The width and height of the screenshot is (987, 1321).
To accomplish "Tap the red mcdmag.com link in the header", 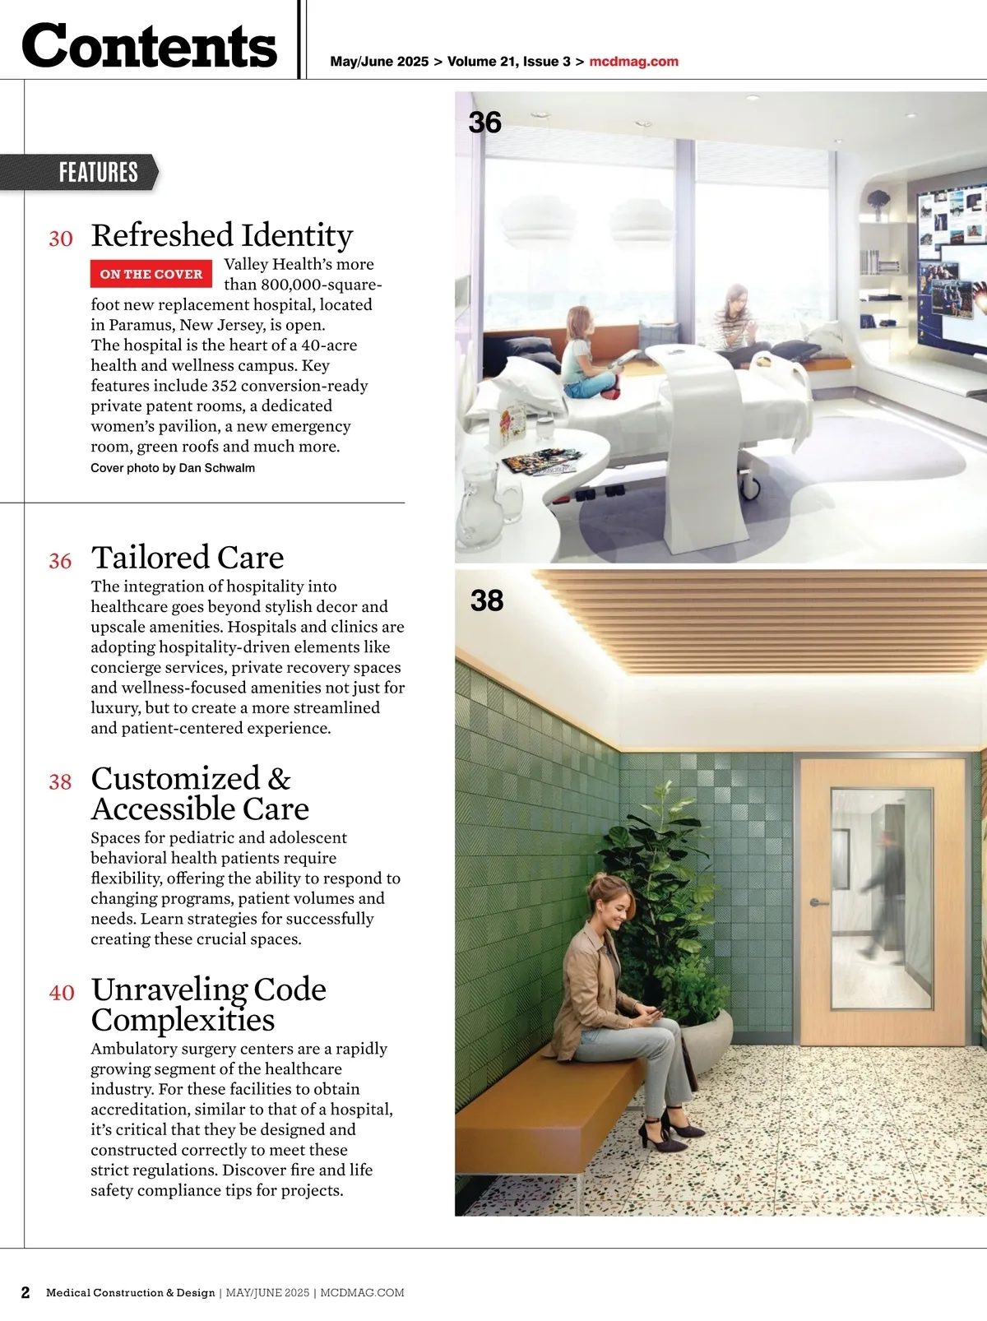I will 633,62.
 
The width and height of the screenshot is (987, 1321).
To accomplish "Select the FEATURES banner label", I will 98,172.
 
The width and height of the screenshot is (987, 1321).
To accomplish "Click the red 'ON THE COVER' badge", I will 151,274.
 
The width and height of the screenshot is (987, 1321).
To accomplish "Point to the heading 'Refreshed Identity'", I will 222,235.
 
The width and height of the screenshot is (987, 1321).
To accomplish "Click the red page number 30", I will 61,239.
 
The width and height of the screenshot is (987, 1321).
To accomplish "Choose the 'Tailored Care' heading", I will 188,558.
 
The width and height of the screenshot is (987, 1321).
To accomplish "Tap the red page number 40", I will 62,993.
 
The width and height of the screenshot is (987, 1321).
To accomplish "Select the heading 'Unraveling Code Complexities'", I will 208,1004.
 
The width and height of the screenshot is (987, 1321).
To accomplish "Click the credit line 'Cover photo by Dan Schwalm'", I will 173,468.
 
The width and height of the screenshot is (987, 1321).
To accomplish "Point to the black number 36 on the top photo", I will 484,123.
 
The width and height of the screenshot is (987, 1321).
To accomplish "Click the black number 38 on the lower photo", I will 487,600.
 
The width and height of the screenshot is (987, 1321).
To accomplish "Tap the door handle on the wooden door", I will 818,902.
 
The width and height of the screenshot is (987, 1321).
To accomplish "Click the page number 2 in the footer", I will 25,1292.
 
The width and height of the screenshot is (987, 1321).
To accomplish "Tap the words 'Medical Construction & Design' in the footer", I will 131,1292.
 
